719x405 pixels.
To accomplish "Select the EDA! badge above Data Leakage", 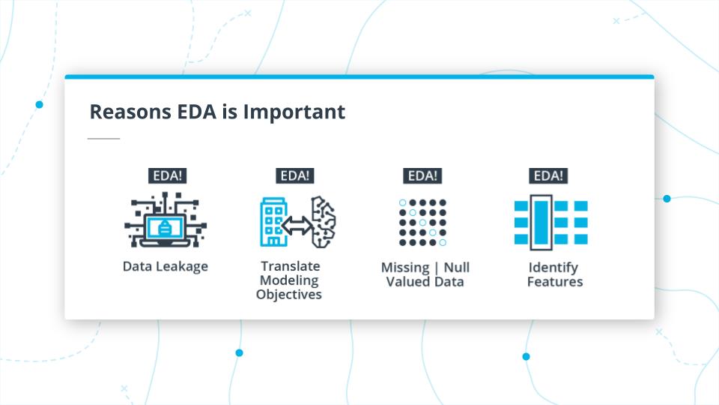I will tap(166, 176).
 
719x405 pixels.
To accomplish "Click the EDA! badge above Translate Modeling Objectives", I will tap(294, 176).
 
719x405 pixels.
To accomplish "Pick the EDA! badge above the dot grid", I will tap(422, 176).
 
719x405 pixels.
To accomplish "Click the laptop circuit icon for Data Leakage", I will tap(166, 220).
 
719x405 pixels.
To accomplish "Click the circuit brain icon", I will tap(323, 222).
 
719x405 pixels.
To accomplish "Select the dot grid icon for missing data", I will tap(422, 223).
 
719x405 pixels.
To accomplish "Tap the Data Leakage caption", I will tap(166, 266).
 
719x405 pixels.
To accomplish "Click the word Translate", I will tap(290, 266).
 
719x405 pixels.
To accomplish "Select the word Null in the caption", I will tap(456, 267).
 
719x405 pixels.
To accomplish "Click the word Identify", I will tap(553, 267).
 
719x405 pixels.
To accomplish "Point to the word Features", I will tap(554, 282).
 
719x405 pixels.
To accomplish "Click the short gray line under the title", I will tap(103, 139).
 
